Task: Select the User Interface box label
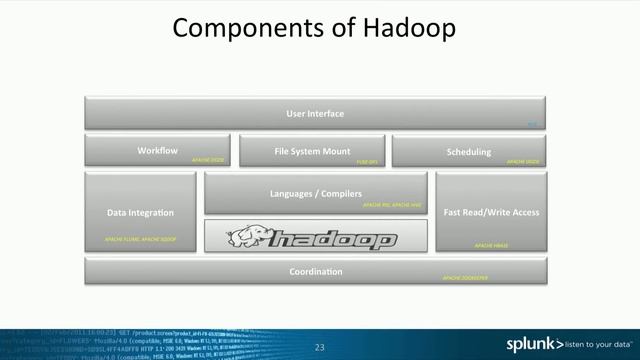pos(314,114)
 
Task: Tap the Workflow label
pos(157,151)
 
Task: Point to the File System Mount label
pos(312,152)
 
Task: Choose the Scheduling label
pos(468,152)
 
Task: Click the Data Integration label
pos(140,212)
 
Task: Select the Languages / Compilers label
pos(315,193)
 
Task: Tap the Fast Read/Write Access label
pos(491,212)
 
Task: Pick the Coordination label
pos(315,272)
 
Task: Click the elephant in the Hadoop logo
pos(245,238)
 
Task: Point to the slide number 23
pos(320,347)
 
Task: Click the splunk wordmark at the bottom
pos(531,344)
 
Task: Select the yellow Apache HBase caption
pos(491,245)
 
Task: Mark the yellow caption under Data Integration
pos(140,241)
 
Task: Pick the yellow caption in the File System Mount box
pos(367,161)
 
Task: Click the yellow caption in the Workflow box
pos(208,160)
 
